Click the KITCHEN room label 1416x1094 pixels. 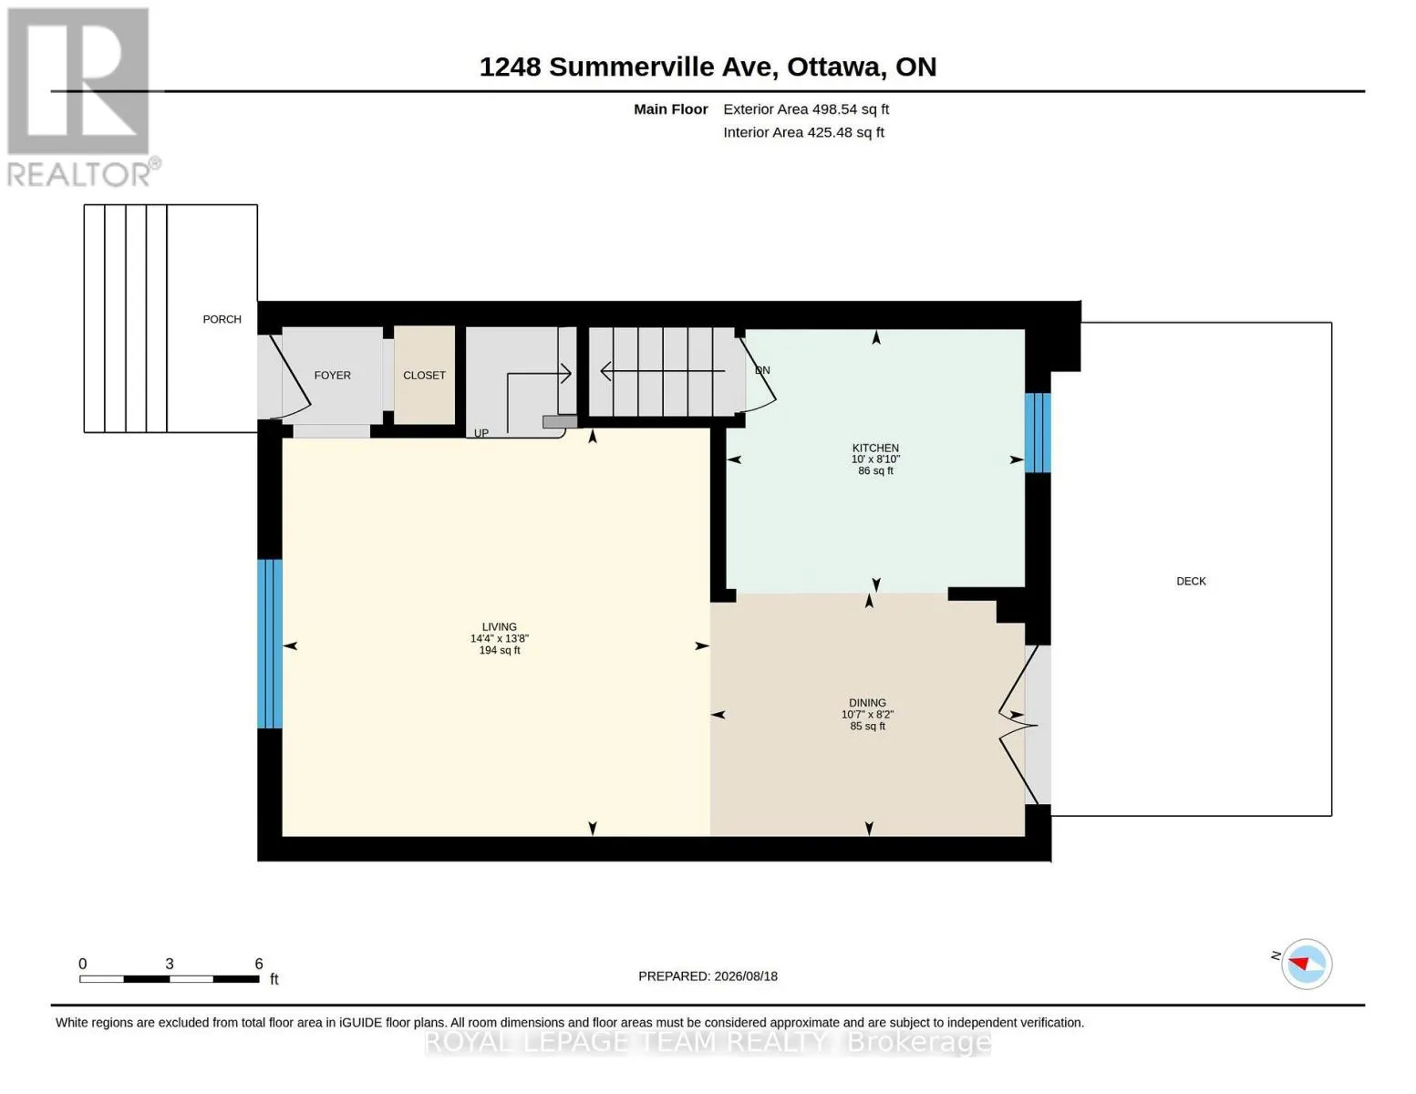pos(875,448)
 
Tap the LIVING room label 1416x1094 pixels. pos(499,627)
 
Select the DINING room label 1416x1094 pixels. pos(867,702)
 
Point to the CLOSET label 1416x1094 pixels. pos(424,376)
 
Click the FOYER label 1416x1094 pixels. pos(332,376)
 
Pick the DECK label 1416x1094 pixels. pos(1191,582)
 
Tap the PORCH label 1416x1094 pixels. pos(222,319)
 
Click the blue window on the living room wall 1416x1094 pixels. pos(270,644)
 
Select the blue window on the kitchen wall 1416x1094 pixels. pos(1038,433)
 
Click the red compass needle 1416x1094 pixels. pos(1299,964)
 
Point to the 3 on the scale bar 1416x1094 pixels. pos(170,964)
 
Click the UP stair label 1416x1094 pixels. pos(481,433)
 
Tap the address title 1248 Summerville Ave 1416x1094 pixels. pos(628,67)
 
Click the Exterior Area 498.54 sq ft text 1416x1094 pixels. pos(806,109)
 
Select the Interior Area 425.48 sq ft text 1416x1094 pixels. pos(803,132)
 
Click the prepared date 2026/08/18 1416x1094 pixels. pos(746,976)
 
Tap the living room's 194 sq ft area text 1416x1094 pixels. pos(500,650)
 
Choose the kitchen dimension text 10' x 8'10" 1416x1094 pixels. pos(876,459)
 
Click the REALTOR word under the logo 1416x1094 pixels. pos(78,175)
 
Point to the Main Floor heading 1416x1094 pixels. pos(670,109)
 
